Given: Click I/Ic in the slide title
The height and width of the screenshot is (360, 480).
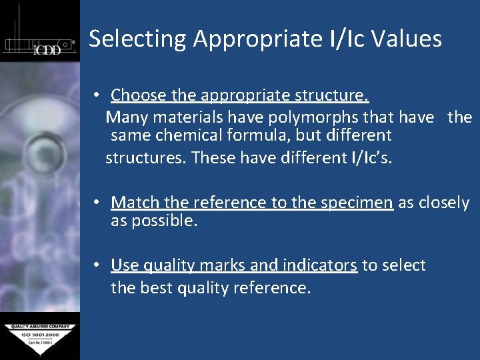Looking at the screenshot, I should [x=347, y=39].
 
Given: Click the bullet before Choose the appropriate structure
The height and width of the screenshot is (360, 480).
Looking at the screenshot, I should [x=97, y=95].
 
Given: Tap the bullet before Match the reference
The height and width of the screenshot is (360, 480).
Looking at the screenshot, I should [x=97, y=202].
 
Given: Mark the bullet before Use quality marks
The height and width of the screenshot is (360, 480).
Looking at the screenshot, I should [x=97, y=265].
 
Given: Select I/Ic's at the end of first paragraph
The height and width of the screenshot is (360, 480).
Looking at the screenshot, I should [x=369, y=159].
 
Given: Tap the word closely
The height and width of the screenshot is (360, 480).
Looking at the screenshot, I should [x=443, y=203].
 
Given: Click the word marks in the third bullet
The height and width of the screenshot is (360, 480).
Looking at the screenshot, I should [x=197, y=265].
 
